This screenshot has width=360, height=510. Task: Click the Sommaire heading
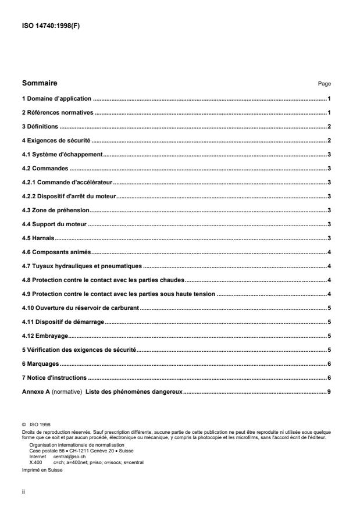[x=40, y=83]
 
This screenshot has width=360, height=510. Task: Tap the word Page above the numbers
[x=324, y=84]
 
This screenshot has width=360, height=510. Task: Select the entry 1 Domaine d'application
[x=57, y=99]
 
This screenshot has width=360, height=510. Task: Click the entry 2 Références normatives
[x=58, y=113]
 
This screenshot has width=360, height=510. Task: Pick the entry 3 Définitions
[x=41, y=126]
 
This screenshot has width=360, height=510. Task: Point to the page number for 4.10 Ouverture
[x=329, y=308]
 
